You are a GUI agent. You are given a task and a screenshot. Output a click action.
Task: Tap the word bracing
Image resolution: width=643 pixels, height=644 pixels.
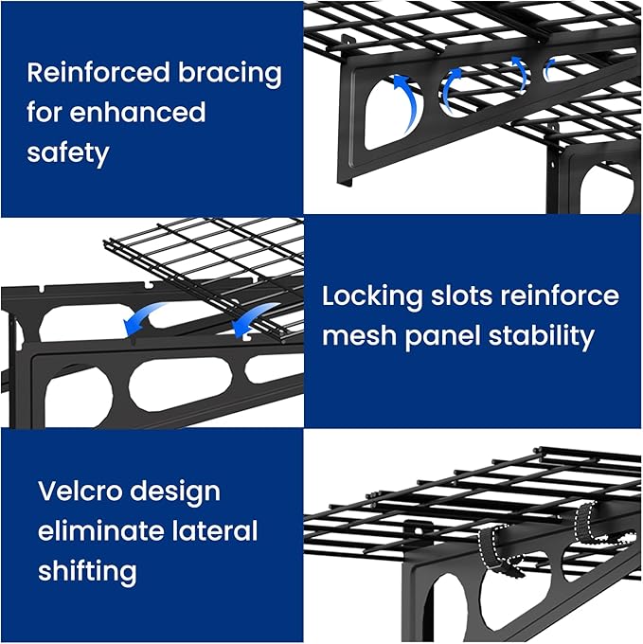point(229,73)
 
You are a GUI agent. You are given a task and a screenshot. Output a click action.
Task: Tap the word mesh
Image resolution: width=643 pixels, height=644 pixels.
point(357,335)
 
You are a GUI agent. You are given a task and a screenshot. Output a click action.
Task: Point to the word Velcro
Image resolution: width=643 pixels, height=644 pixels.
point(81,491)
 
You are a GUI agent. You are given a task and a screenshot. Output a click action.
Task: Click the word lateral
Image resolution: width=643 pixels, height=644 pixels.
point(211,530)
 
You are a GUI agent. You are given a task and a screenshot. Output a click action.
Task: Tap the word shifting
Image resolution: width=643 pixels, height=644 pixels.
point(87,571)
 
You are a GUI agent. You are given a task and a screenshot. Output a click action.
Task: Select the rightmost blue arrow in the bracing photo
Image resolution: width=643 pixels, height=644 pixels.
point(548,68)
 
